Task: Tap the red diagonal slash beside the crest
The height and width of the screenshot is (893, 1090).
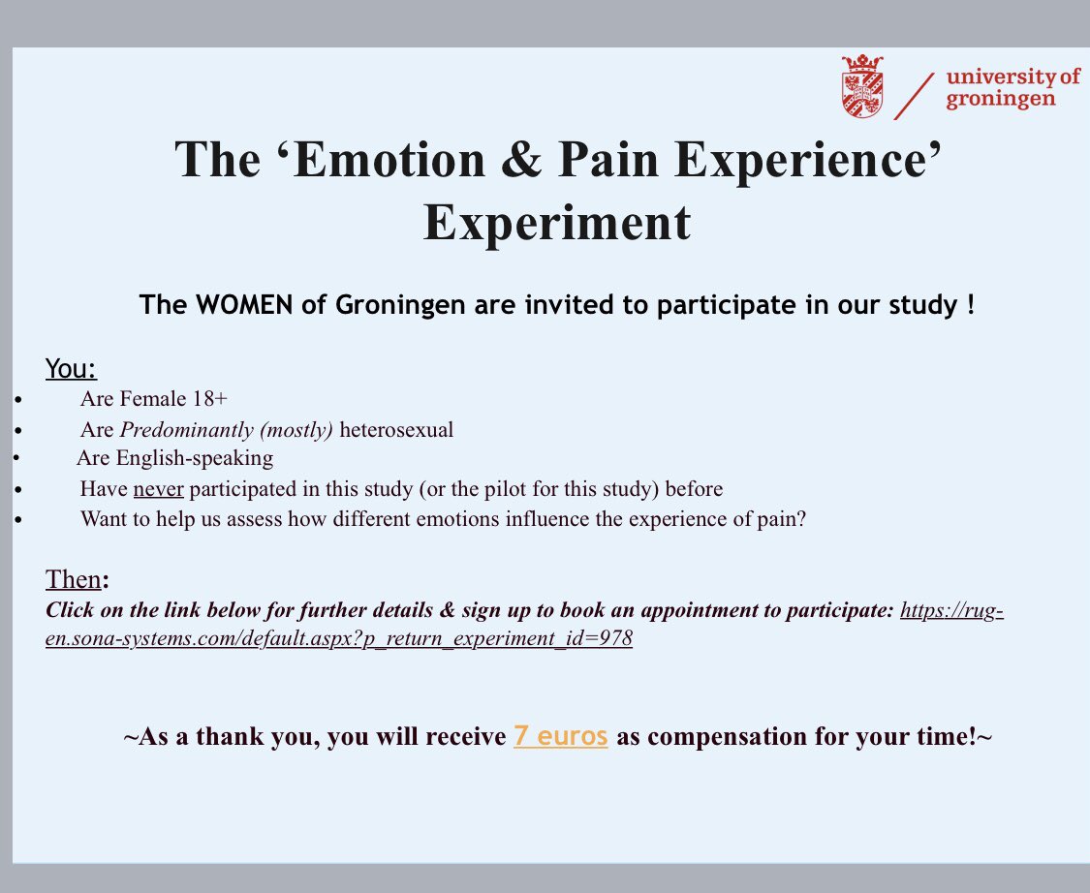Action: coord(915,95)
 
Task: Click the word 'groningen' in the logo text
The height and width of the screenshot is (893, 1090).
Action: coord(1001,100)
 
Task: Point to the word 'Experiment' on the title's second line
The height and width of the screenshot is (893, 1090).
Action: coord(557,223)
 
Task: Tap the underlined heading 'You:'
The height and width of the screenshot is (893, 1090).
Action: coord(72,369)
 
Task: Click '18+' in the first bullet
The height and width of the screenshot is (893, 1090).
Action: coord(208,399)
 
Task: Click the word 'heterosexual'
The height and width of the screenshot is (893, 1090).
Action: coord(396,429)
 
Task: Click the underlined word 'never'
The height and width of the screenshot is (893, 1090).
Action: coord(158,489)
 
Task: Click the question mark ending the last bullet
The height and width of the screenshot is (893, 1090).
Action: coord(801,519)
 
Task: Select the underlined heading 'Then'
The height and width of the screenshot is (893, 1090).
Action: coord(73,579)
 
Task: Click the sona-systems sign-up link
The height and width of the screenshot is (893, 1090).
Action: coord(339,640)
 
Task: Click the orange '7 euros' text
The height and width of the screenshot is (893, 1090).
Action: coord(561,736)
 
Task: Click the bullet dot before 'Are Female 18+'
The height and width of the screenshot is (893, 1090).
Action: coord(17,399)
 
